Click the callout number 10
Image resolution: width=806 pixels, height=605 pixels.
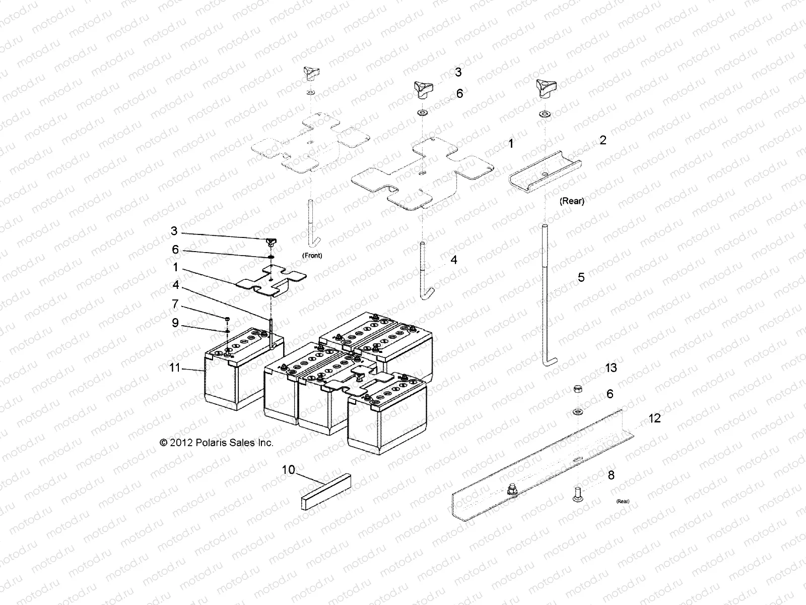click(x=288, y=470)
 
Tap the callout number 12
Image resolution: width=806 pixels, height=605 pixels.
click(x=654, y=418)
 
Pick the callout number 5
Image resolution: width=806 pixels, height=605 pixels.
click(x=581, y=277)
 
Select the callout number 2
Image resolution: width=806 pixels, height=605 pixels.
click(x=602, y=140)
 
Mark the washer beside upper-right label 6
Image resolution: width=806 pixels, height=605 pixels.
click(x=422, y=113)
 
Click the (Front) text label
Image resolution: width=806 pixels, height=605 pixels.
click(x=312, y=256)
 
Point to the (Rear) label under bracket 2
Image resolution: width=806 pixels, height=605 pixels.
click(x=572, y=201)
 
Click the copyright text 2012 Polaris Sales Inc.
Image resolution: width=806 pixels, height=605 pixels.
click(x=217, y=443)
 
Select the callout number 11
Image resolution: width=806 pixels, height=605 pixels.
click(x=174, y=368)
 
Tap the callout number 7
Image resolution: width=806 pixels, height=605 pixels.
click(x=175, y=304)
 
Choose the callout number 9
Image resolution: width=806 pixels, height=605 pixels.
click(x=175, y=323)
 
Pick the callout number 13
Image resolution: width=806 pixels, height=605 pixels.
click(x=611, y=368)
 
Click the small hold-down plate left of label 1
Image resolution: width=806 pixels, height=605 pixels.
click(x=271, y=280)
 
